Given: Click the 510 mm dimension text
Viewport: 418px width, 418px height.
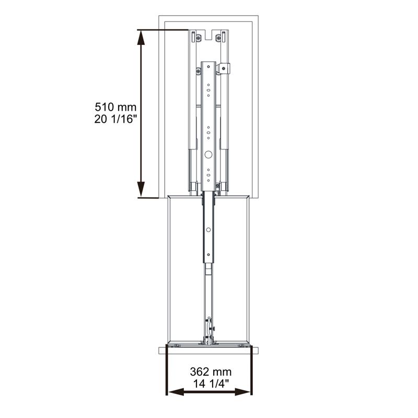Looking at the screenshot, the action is pos(115,107).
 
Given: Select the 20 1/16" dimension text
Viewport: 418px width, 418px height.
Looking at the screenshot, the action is pos(113,119).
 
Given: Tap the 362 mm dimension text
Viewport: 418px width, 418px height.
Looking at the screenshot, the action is pos(211,371).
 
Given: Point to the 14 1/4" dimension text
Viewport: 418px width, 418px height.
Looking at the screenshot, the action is pos(211,384).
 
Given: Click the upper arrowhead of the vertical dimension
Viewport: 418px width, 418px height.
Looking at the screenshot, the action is pos(141,37).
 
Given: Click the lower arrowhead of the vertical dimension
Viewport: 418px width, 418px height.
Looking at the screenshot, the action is pos(141,190).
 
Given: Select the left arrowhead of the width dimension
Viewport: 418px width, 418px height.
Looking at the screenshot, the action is pos(176,392).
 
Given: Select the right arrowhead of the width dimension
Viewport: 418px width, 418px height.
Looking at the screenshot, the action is pos(243,392).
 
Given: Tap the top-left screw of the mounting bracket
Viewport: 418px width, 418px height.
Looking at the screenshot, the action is pos(198,38).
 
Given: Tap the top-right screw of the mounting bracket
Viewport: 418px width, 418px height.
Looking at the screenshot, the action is pos(218,38).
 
